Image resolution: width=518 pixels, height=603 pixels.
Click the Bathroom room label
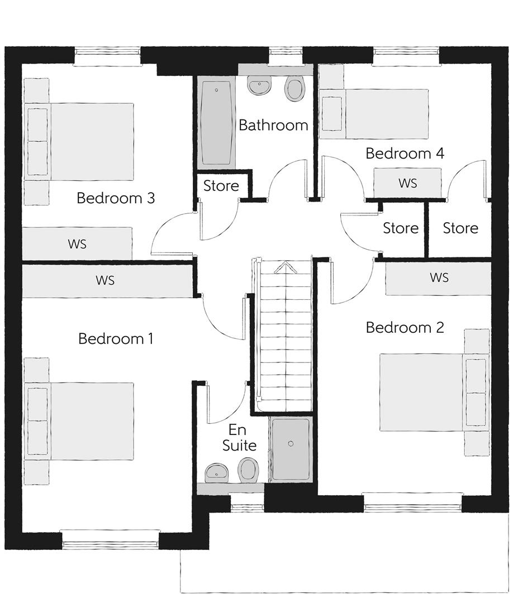tap(273, 125)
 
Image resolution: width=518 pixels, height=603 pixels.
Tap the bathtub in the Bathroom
tap(216, 122)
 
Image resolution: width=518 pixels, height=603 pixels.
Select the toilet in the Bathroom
tap(294, 88)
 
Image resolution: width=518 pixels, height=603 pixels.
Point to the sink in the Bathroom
tap(260, 85)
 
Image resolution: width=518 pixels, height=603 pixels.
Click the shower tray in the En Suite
tap(291, 449)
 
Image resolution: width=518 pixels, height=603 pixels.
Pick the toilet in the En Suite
tap(248, 470)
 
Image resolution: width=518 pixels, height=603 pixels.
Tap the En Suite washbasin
tap(217, 473)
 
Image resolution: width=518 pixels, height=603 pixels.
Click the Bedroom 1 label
tap(116, 339)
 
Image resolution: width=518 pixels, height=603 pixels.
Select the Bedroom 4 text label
tap(405, 154)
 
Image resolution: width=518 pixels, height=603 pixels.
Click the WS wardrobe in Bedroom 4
tap(408, 183)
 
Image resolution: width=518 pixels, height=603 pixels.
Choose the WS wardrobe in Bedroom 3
tap(77, 243)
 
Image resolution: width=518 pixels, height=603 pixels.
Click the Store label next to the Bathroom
tap(221, 186)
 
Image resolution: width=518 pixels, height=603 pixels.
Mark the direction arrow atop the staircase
tap(286, 267)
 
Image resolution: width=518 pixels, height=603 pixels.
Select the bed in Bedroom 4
tap(374, 114)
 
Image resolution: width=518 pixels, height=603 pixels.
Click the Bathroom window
tap(285, 56)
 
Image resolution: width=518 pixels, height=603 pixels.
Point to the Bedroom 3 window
tap(107, 56)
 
